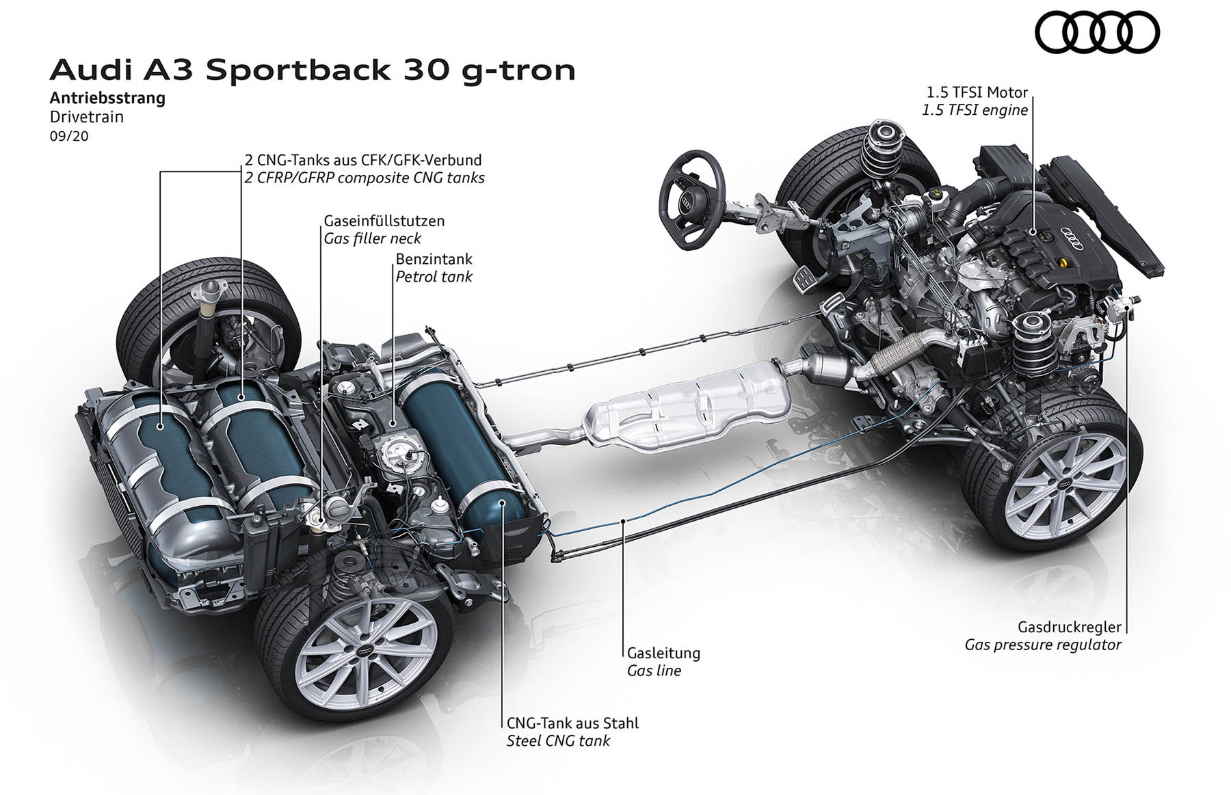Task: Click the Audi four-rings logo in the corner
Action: click(x=1097, y=33)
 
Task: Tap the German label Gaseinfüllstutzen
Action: click(x=384, y=221)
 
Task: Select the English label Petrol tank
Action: click(x=434, y=277)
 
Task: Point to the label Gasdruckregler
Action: click(x=1070, y=626)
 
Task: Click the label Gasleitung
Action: click(x=663, y=653)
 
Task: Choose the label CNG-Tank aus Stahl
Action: click(x=572, y=723)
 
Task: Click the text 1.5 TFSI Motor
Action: click(x=977, y=92)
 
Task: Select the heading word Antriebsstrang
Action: click(x=107, y=98)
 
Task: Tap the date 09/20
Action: click(x=69, y=136)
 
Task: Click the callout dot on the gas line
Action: click(x=624, y=522)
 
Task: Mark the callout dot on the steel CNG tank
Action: click(x=503, y=504)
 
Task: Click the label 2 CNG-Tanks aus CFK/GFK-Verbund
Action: click(x=363, y=160)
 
